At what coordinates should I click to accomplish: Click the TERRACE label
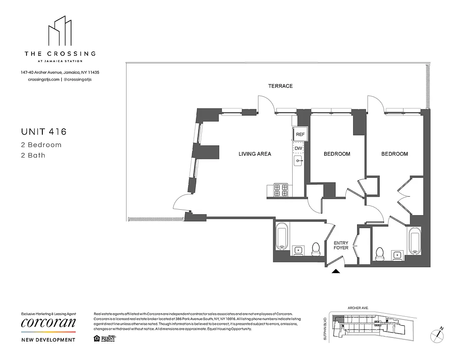click(x=280, y=86)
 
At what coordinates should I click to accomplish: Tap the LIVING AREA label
click(x=254, y=154)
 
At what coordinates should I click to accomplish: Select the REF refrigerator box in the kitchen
click(x=300, y=134)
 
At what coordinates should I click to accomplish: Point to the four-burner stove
click(x=281, y=190)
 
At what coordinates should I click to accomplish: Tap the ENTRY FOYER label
click(x=341, y=245)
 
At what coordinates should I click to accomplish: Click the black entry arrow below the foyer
click(x=335, y=271)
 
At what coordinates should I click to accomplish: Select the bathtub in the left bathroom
click(x=281, y=236)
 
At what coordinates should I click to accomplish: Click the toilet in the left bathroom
click(x=316, y=248)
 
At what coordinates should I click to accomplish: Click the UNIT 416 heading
click(x=44, y=132)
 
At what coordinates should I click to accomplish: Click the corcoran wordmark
click(x=48, y=323)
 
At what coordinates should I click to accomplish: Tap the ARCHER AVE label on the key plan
click(x=358, y=308)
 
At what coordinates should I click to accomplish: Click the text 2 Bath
click(x=33, y=156)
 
